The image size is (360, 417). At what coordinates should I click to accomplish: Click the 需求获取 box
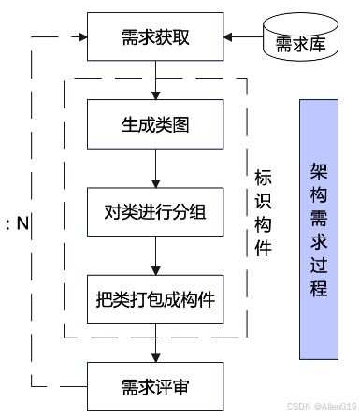click(155, 38)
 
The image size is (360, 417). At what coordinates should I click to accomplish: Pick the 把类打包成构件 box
click(155, 299)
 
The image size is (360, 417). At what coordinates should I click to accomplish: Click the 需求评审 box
click(155, 385)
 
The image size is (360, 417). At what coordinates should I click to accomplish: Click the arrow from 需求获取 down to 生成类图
click(155, 81)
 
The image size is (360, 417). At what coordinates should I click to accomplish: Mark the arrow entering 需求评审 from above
click(155, 351)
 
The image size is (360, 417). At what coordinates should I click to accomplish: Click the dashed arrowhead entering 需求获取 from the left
click(79, 39)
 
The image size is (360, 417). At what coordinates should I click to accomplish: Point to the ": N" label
click(19, 223)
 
